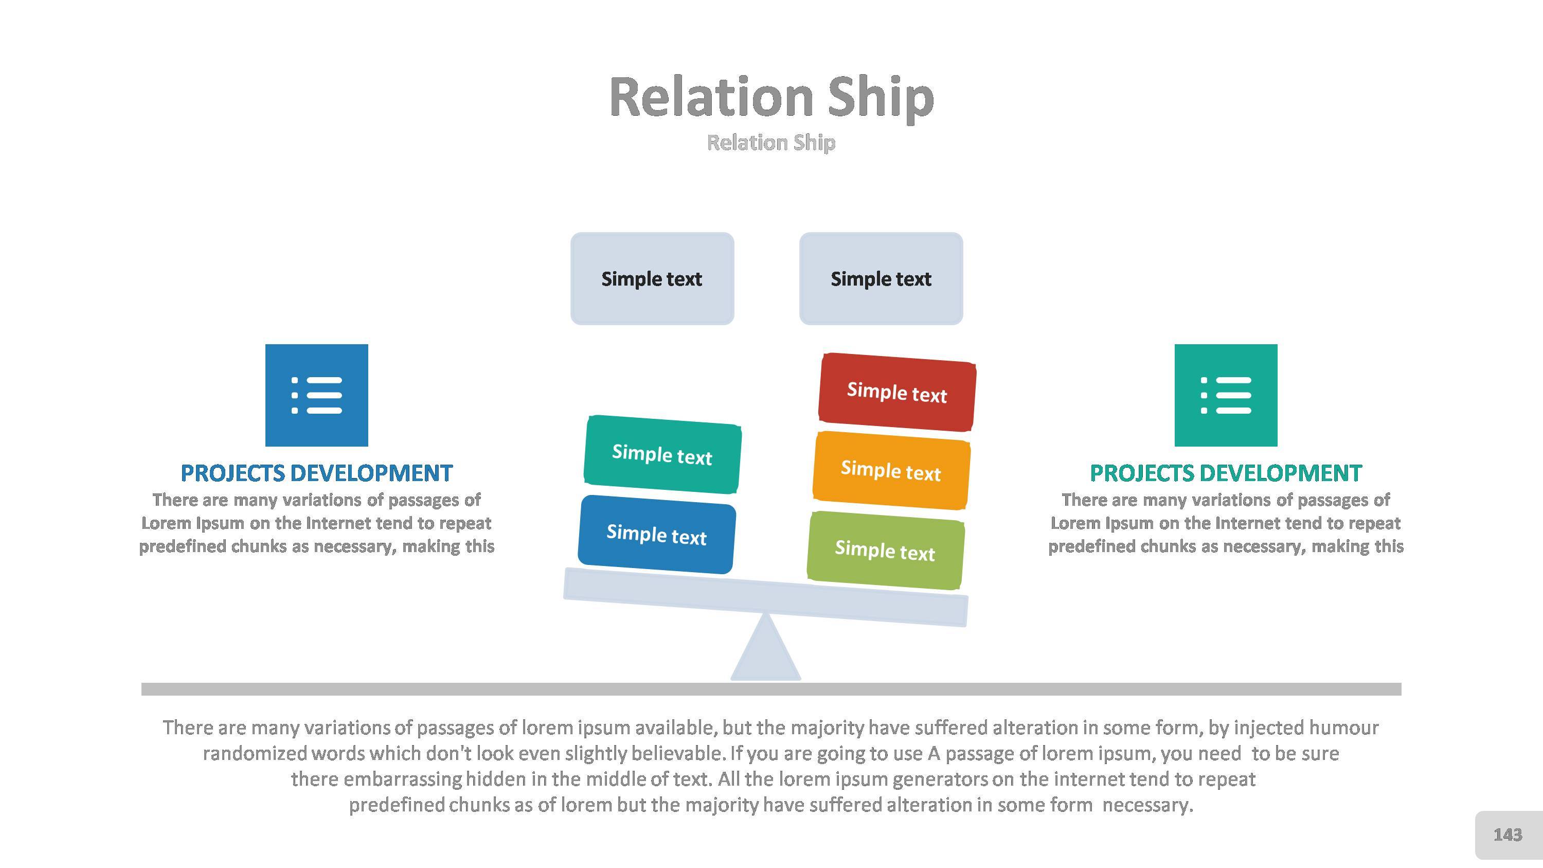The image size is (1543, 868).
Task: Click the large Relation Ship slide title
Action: click(x=771, y=97)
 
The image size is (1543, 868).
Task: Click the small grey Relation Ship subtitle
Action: click(x=771, y=143)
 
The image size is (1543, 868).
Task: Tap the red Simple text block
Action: click(x=896, y=393)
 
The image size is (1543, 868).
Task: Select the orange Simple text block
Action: click(x=891, y=470)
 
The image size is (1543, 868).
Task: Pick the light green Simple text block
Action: click(x=885, y=550)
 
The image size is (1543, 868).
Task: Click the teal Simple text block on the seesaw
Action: click(x=662, y=455)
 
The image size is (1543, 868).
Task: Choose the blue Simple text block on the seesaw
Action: click(x=656, y=535)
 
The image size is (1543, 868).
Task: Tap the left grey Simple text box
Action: click(x=652, y=278)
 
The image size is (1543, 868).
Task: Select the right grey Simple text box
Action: click(x=881, y=278)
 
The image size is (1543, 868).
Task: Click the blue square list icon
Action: click(x=316, y=395)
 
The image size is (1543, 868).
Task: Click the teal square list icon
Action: click(x=1226, y=395)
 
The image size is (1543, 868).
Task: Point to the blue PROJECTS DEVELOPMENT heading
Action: click(x=316, y=473)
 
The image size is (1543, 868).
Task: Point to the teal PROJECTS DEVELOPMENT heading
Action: click(x=1226, y=473)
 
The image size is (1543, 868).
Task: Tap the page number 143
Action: click(x=1508, y=835)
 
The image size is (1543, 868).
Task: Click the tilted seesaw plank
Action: click(x=765, y=597)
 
